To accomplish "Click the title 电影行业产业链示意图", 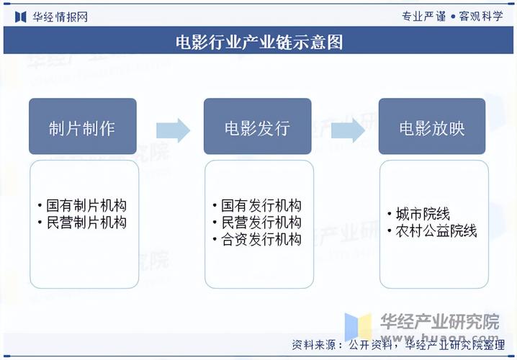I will point(258,42).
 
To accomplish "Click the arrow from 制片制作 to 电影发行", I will point(173,130).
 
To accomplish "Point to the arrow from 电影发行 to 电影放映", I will point(348,130).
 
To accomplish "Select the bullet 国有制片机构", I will point(85,207).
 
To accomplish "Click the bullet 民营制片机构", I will point(85,222).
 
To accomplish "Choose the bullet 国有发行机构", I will point(260,207).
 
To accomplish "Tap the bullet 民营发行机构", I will point(260,222).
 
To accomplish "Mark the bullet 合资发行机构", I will point(260,239).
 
